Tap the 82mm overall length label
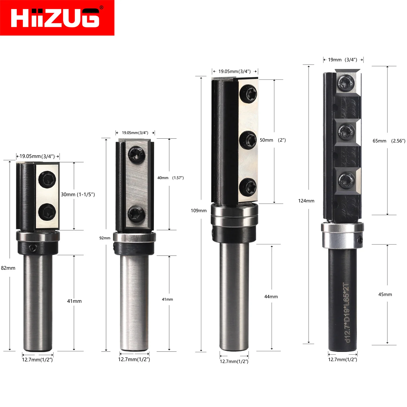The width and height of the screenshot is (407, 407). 8,268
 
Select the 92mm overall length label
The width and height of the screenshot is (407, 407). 105,238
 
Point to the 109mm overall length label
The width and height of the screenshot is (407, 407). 199,211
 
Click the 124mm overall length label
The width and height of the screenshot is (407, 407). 306,201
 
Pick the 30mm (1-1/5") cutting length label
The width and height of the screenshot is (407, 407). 78,195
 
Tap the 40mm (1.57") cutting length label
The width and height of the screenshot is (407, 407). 170,178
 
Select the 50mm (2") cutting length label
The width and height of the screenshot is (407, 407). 273,140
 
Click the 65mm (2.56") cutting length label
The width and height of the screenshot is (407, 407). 389,141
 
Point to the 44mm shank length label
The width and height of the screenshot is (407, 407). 271,297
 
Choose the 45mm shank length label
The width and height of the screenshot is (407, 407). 385,294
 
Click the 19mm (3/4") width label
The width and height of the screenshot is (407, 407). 343,60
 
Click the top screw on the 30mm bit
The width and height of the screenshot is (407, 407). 47,179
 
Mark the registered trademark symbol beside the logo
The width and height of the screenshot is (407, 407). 101,8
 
